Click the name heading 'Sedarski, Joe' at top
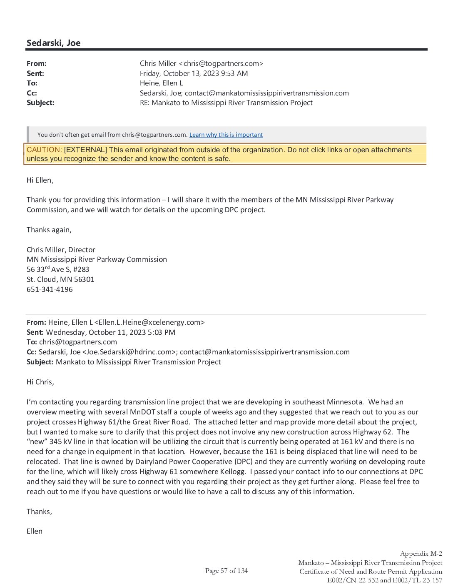tap(53, 43)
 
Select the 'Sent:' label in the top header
tap(35, 73)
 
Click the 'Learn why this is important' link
tap(226, 135)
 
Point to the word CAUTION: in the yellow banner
tap(44, 150)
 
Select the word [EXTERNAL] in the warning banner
tap(85, 150)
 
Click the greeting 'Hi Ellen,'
tap(40, 180)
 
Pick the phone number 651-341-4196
tap(50, 289)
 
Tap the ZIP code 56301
tap(84, 279)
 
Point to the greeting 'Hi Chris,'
tap(40, 382)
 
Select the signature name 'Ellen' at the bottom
tap(35, 531)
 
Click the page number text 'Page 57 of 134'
tap(226, 571)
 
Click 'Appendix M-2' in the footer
tap(421, 554)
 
